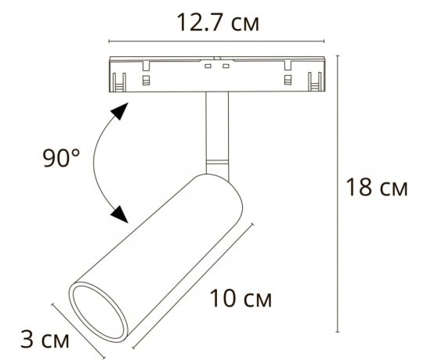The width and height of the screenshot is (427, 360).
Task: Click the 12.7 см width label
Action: (x=215, y=23)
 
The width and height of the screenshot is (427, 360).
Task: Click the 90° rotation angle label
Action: (x=61, y=160)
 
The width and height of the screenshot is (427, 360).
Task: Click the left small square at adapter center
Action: (x=208, y=68)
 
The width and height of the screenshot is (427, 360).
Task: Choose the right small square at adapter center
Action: (x=225, y=68)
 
